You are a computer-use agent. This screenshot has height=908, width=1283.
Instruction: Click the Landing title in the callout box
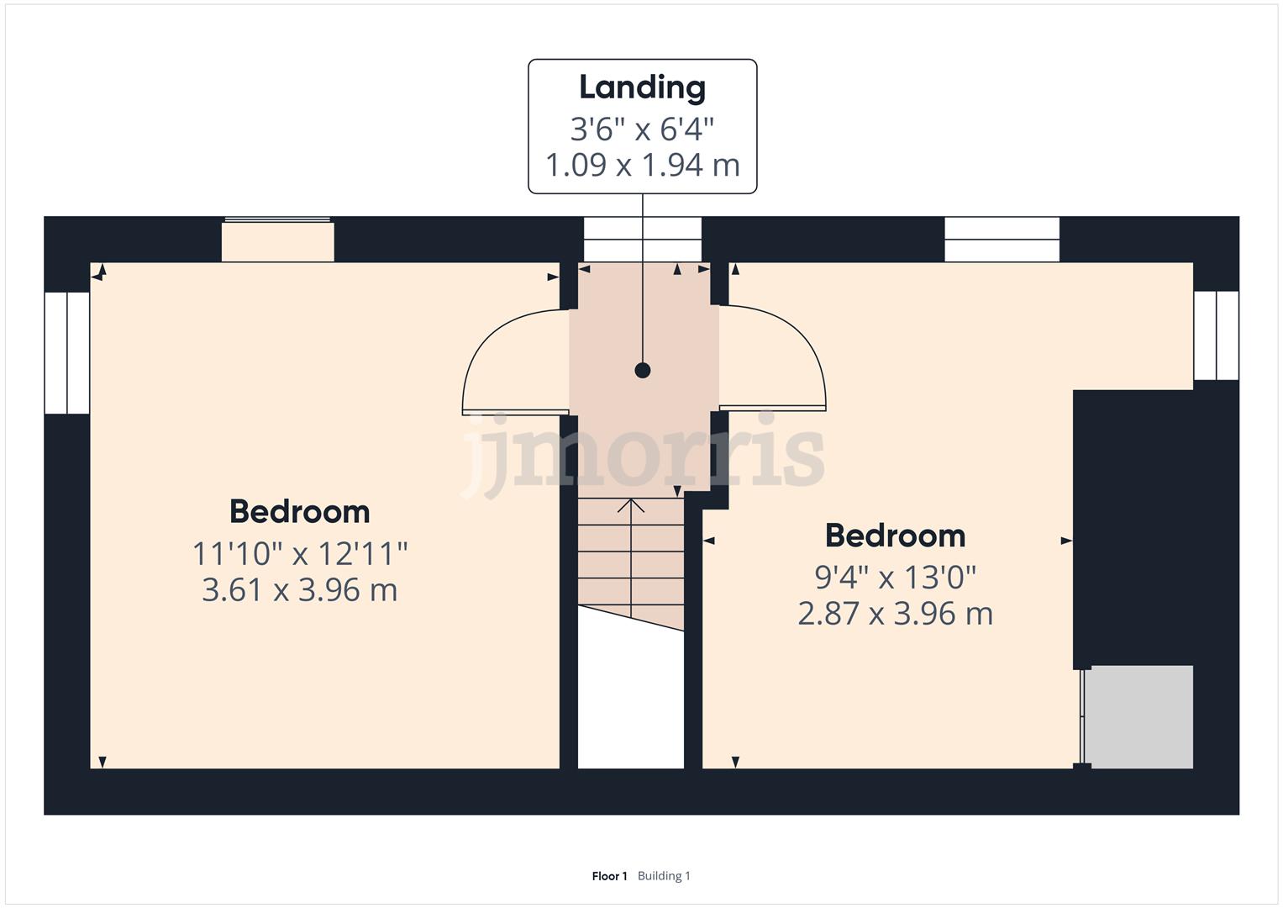642,87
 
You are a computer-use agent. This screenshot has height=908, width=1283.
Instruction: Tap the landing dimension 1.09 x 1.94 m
642,165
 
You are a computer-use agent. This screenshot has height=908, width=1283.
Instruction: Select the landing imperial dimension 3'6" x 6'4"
642,129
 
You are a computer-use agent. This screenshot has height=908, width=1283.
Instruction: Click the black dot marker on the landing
643,370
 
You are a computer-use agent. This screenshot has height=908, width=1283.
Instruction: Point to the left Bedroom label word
299,511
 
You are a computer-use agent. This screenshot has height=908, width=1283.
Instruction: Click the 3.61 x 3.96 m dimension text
299,590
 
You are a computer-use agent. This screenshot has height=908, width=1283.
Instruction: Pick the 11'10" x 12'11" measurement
299,554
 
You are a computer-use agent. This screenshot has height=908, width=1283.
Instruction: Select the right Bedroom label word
895,536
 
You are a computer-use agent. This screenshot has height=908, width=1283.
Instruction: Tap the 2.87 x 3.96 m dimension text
895,614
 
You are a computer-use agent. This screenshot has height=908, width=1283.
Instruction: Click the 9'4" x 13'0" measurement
895,578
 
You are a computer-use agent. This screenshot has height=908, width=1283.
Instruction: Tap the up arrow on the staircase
631,506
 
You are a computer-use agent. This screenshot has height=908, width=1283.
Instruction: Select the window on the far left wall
66,352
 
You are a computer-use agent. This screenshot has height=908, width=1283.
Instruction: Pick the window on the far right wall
1216,335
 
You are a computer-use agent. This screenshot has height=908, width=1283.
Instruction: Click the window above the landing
642,240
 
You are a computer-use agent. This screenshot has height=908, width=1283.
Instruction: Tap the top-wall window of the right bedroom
1002,240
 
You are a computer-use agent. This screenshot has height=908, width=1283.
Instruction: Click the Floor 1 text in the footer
609,876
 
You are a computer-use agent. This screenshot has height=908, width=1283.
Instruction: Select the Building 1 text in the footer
664,876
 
